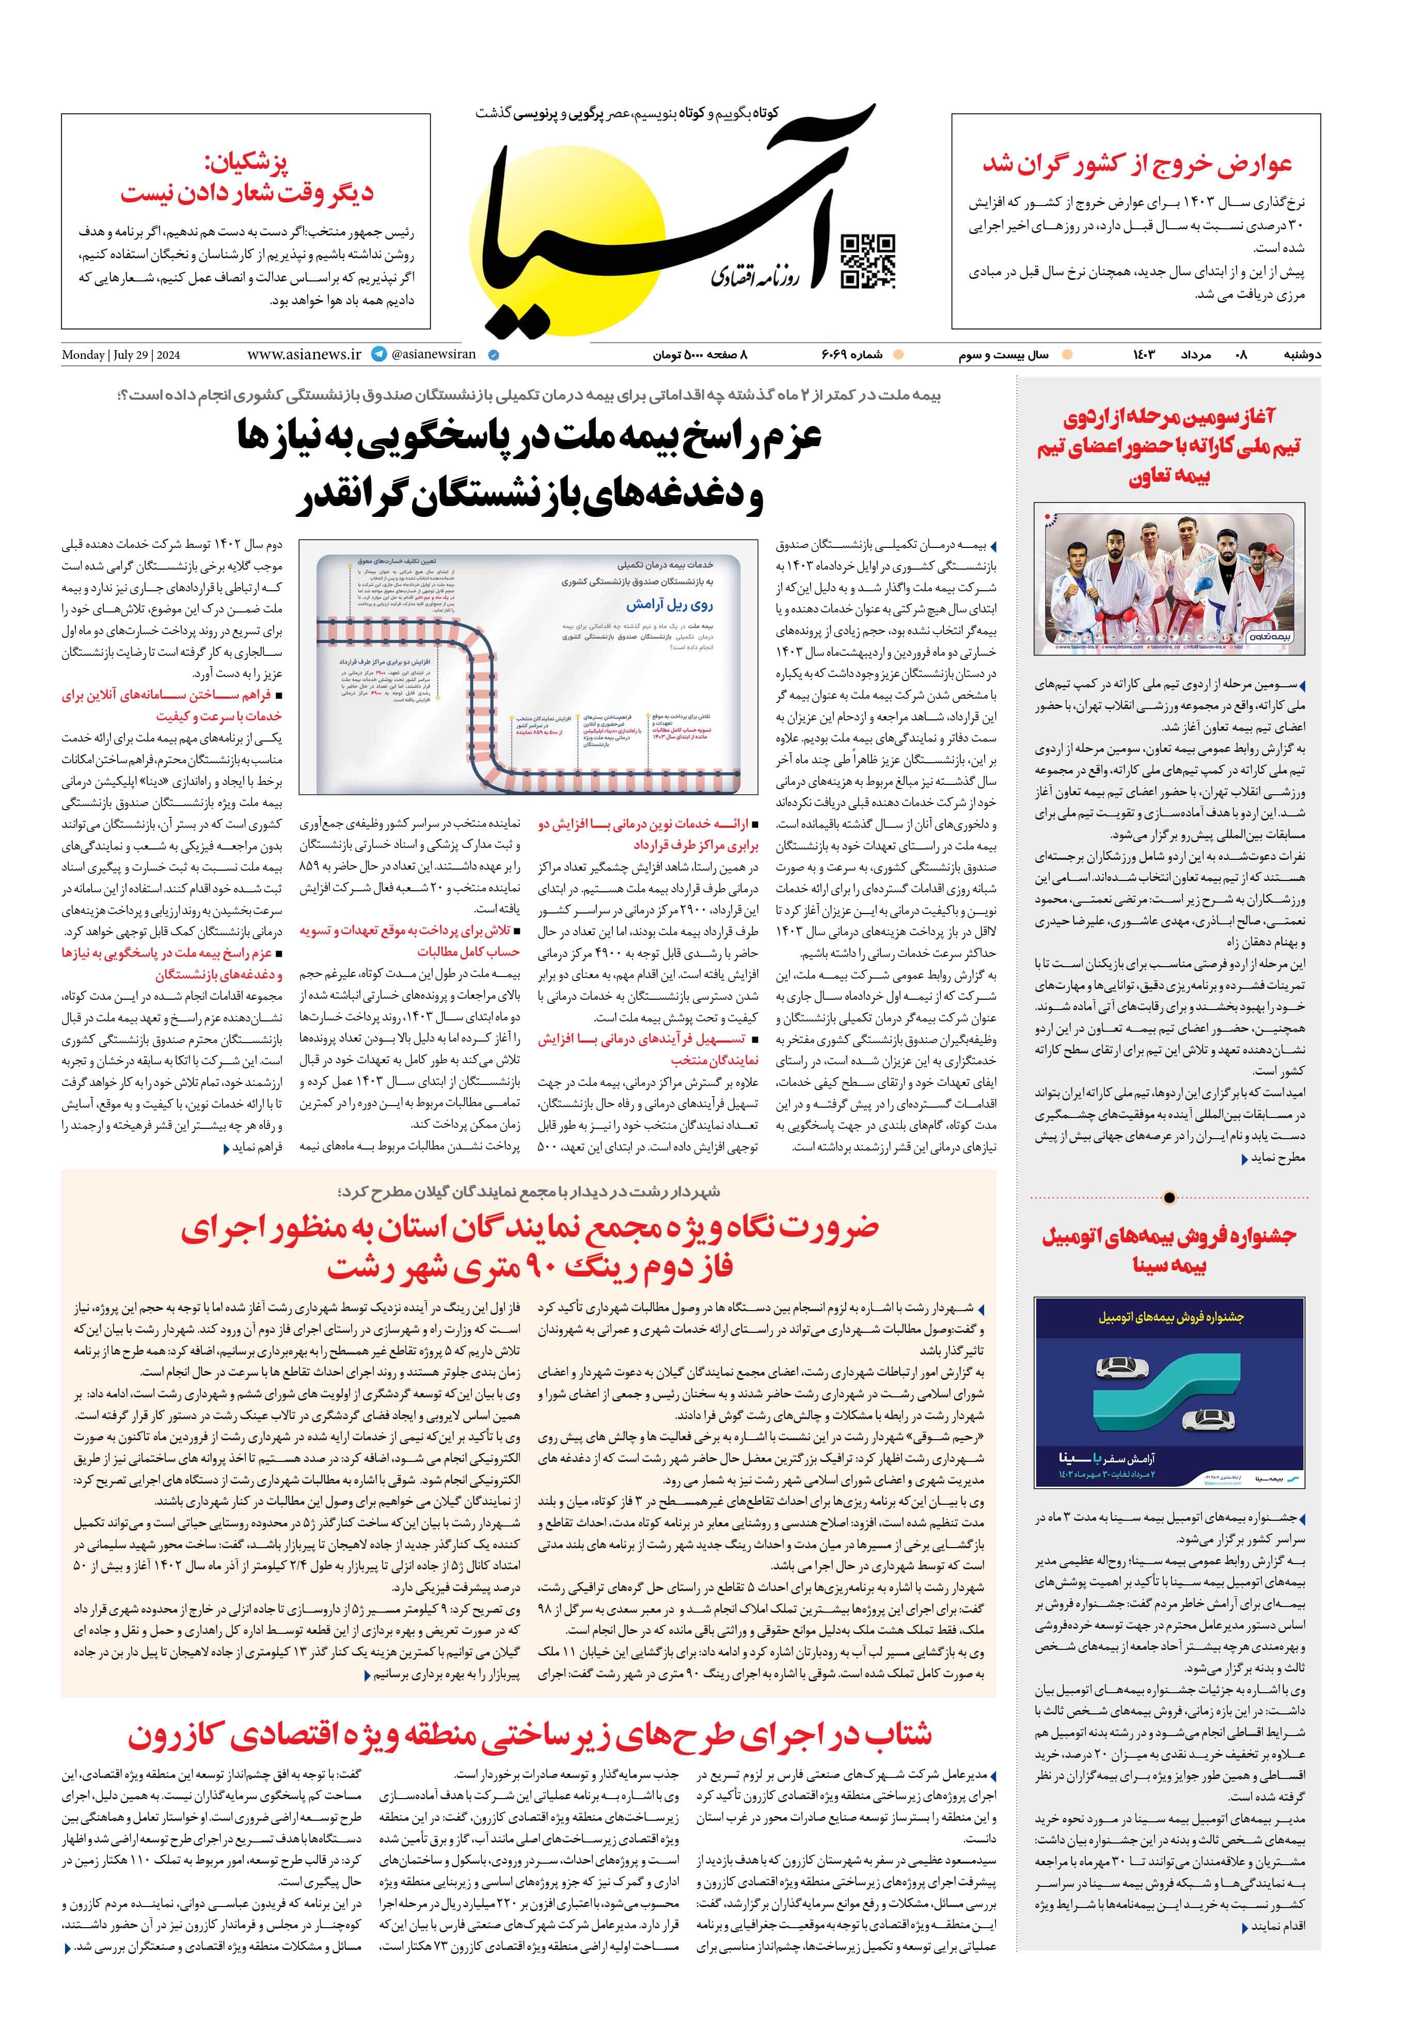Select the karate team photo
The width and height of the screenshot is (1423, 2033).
pos(1169,578)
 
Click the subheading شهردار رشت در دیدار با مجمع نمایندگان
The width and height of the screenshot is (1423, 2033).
pos(529,1192)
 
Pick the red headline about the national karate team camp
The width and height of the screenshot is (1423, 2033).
pos(1169,446)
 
